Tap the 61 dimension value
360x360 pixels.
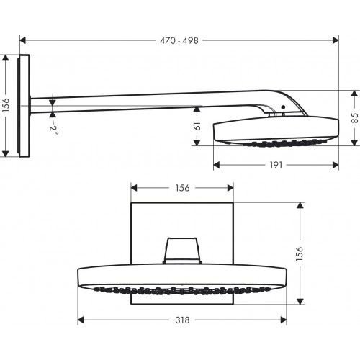click(x=197, y=127)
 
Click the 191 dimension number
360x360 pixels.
click(x=275, y=165)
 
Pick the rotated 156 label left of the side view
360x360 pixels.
click(x=6, y=105)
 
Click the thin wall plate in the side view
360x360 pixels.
click(x=26, y=105)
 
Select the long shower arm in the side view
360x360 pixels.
click(x=144, y=98)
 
